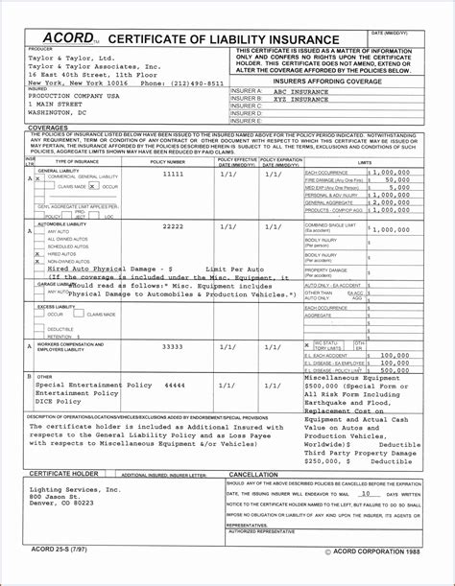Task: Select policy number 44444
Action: (x=174, y=384)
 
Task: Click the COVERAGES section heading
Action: (x=48, y=128)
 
